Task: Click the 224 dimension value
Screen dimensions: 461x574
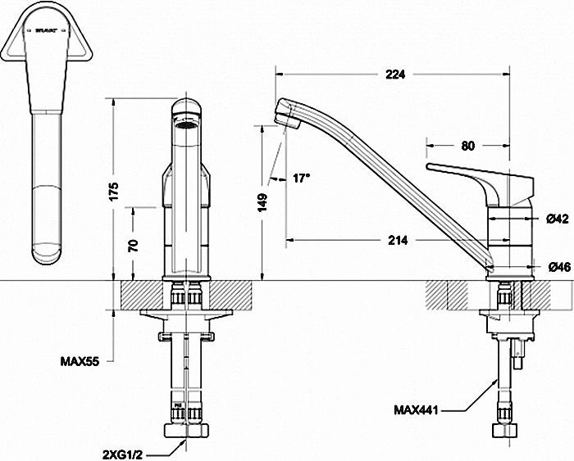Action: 395,75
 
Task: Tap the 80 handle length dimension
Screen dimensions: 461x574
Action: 468,147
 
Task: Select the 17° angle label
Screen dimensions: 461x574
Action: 300,178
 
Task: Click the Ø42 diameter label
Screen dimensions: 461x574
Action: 558,219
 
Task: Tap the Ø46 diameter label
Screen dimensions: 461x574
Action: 558,266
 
